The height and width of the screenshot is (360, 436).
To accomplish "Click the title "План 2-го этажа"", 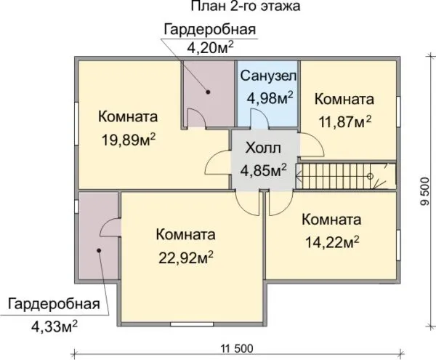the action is (246, 6).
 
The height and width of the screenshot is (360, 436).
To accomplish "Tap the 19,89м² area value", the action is (129, 140).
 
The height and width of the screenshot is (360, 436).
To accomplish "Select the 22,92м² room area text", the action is (186, 257).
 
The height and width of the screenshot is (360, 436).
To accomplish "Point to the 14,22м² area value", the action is (332, 242).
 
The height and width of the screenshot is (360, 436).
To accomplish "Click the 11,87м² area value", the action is (344, 121).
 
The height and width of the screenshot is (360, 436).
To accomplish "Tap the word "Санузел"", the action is (268, 76).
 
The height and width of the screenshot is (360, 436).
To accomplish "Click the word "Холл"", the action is (263, 148).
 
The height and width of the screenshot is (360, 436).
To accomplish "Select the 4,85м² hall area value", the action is (263, 170).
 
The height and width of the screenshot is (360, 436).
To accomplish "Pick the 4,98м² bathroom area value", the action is (270, 98).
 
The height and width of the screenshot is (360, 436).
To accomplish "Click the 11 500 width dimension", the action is (237, 348).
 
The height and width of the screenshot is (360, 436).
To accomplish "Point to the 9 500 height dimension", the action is (424, 191).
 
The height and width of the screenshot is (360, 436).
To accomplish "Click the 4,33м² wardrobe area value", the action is (54, 327).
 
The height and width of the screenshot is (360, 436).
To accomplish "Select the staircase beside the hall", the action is (346, 177).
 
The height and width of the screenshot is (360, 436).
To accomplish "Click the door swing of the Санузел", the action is (259, 119).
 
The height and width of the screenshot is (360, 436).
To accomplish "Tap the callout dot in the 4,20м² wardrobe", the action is (208, 92).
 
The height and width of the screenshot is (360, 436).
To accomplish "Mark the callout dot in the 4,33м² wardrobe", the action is (98, 250).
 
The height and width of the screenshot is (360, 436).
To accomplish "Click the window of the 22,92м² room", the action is (192, 324).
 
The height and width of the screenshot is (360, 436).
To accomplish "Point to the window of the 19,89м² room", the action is (76, 124).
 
